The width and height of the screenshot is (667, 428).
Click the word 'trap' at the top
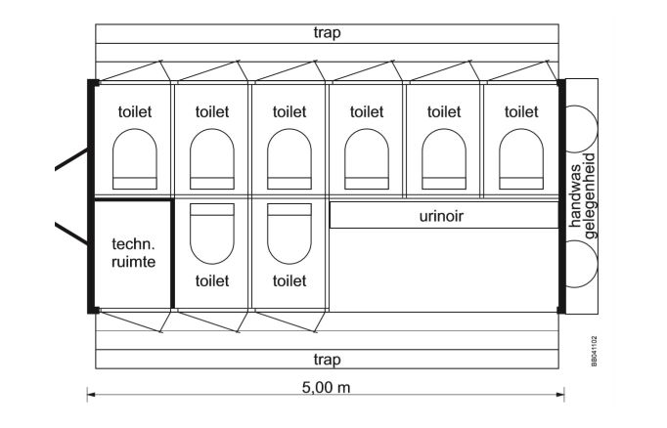coord(326,32)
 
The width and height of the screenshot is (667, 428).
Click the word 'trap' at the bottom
coord(326,360)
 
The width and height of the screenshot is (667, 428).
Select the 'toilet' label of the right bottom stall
coord(289,281)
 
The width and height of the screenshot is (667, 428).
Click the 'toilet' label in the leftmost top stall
coord(135,111)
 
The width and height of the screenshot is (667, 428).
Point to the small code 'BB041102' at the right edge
coord(594,350)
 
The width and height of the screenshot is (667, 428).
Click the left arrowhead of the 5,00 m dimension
coord(91,396)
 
